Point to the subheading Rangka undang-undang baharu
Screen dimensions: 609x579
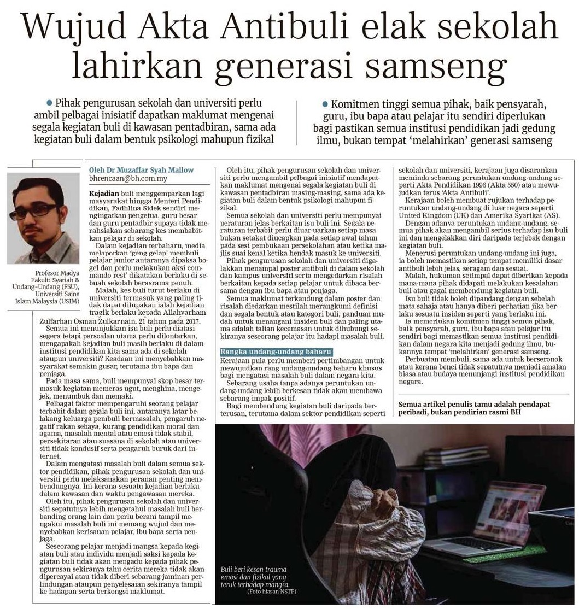pyautogui.click(x=276, y=353)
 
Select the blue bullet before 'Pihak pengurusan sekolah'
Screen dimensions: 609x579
pyautogui.click(x=49, y=103)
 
